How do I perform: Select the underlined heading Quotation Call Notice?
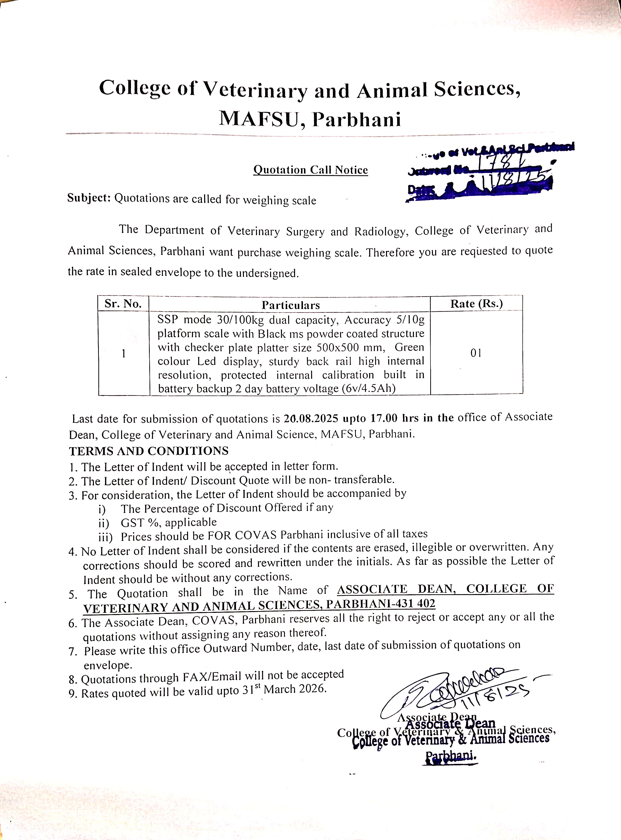coord(310,170)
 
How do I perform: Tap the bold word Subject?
coord(89,198)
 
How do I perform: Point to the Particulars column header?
coord(291,305)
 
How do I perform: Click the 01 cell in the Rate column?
coord(476,353)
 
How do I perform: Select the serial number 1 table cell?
coord(123,354)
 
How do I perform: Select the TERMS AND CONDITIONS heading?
coord(149,451)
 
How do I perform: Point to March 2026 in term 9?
coord(295,689)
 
